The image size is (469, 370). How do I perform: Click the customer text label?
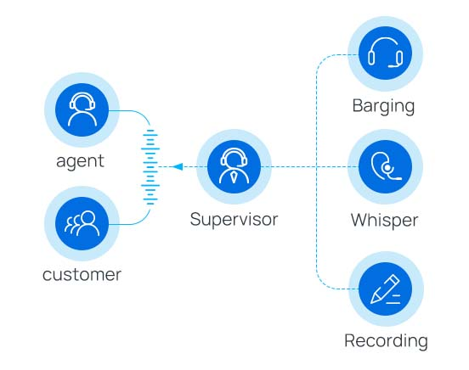pos(82,275)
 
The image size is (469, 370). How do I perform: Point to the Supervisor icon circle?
pos(234,166)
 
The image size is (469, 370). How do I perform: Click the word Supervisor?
pos(234,219)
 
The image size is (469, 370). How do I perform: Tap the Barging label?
pos(384,107)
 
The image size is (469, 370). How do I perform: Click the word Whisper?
pos(384,220)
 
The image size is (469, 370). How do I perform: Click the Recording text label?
pos(386,341)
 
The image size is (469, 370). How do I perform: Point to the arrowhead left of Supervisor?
pos(177,167)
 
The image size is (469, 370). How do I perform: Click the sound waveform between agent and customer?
pos(150,167)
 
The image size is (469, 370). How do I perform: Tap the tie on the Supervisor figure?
pos(234,177)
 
